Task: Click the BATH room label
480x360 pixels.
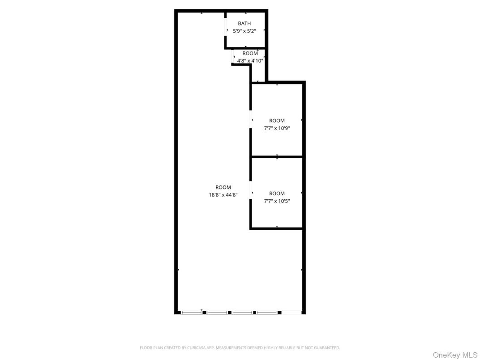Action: point(244,23)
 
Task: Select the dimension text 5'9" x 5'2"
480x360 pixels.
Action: point(244,31)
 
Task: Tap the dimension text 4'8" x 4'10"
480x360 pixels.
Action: point(250,60)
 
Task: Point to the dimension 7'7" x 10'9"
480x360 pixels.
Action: point(277,128)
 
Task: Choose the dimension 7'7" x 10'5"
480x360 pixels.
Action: point(277,201)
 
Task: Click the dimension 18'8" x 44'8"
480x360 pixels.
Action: point(223,195)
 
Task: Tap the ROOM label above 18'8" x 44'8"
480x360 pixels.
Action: point(223,187)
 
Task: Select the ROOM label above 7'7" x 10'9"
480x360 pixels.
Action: point(277,120)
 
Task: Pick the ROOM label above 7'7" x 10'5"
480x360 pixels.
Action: point(277,193)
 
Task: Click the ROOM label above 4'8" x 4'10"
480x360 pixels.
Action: point(250,53)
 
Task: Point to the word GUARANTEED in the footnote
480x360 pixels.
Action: point(327,347)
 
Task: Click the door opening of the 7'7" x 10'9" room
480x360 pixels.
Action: point(251,120)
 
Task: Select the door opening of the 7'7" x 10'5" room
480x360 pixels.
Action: point(251,193)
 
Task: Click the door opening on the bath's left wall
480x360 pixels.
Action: point(226,30)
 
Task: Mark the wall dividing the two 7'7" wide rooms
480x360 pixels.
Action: point(277,157)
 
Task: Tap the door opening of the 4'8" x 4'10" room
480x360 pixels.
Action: point(233,57)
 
